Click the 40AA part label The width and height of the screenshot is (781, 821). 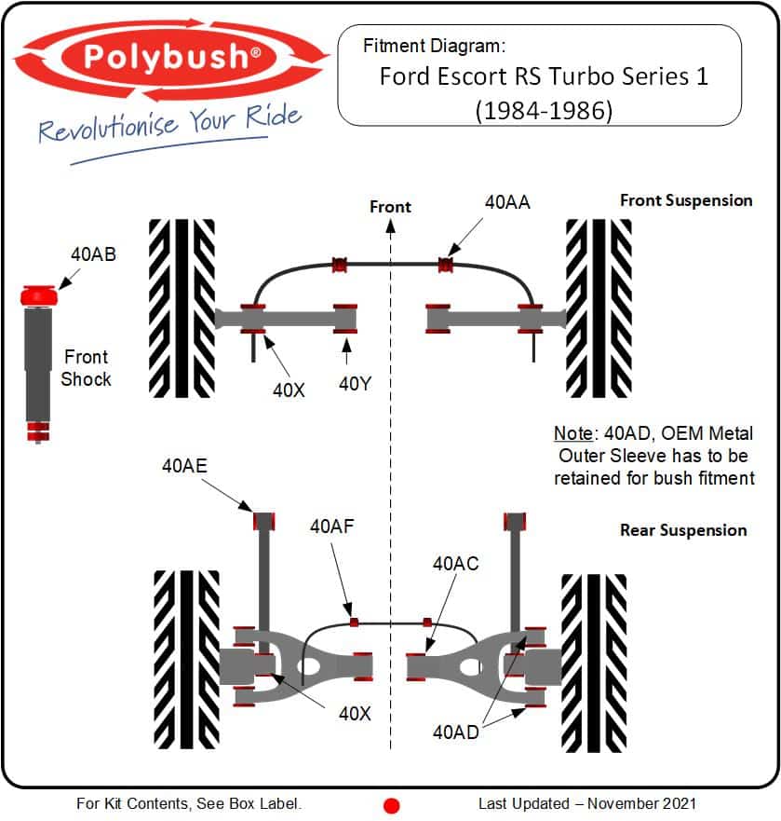507,201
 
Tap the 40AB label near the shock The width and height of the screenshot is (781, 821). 93,253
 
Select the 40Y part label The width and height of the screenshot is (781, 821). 355,384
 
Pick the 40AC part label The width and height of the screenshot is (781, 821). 455,564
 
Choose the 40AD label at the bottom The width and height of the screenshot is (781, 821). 455,732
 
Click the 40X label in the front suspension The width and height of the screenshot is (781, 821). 289,390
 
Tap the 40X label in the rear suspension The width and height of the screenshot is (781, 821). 355,714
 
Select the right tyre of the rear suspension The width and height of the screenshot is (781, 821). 594,660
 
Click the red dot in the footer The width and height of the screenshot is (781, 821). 391,805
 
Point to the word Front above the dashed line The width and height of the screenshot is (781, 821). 390,206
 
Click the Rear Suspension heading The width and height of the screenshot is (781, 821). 683,530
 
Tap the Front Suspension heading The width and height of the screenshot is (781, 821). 686,200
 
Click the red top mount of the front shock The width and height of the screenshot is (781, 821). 39,294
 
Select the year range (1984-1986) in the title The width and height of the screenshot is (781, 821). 543,110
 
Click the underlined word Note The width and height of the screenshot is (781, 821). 572,434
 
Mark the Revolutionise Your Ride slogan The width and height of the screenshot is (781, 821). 170,123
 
